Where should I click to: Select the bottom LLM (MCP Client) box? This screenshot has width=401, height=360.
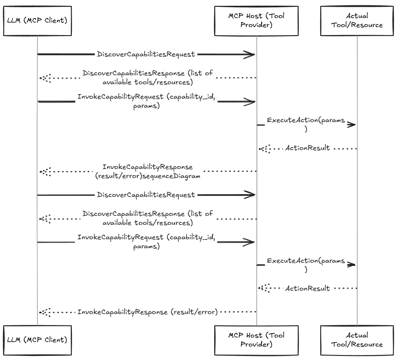click(37, 340)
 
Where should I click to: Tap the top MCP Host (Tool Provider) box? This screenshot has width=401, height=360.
click(256, 20)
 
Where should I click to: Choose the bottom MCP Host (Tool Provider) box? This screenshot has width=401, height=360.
click(256, 340)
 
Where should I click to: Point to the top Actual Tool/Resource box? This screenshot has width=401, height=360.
click(357, 20)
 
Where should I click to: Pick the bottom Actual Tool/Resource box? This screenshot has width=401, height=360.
click(357, 340)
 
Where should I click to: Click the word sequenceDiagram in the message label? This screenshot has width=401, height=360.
click(171, 176)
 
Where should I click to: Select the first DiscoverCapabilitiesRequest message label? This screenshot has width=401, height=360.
click(146, 54)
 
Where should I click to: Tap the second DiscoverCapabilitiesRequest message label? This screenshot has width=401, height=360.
click(146, 195)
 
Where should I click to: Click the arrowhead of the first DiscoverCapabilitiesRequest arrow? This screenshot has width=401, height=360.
click(251, 55)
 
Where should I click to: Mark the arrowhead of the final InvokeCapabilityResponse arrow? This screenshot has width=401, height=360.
click(44, 312)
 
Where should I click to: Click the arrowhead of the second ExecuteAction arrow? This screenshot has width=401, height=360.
click(351, 265)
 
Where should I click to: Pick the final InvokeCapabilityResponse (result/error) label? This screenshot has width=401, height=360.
click(147, 312)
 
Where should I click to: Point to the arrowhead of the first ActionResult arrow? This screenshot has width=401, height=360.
click(264, 148)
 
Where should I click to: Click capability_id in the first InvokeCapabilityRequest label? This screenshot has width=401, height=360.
click(192, 97)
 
